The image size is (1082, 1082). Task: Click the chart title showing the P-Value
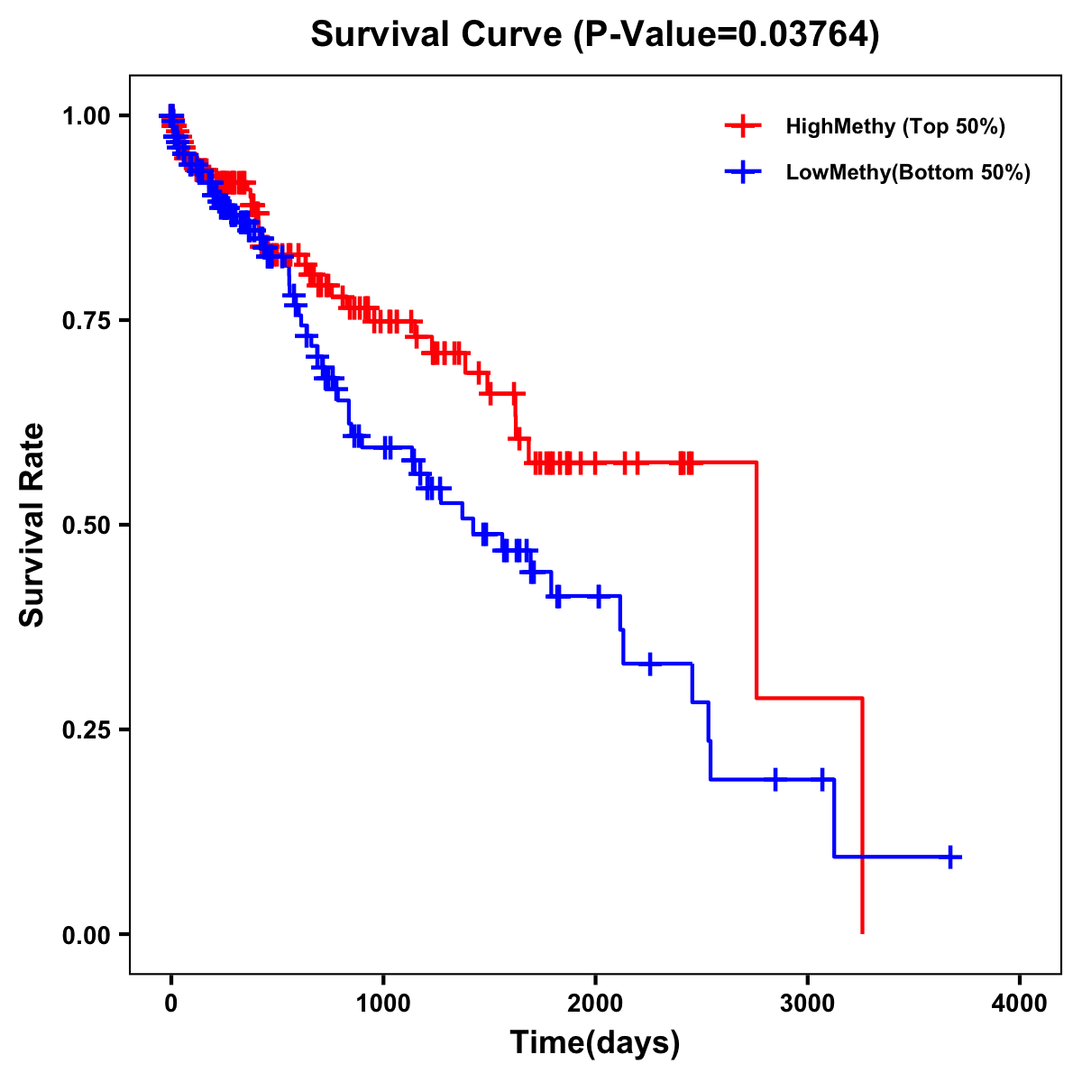coord(595,34)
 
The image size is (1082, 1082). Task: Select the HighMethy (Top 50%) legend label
coord(895,126)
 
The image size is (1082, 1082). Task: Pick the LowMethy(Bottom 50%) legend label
coord(908,172)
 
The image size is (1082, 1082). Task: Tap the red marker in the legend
coord(743,126)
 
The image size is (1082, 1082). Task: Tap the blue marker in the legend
coord(743,172)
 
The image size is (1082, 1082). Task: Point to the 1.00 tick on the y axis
coord(87,115)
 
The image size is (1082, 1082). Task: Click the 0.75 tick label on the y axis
coord(87,320)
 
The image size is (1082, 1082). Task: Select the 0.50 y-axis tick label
coord(87,525)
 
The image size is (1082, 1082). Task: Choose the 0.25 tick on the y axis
coord(87,729)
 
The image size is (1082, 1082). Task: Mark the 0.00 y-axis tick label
coord(87,934)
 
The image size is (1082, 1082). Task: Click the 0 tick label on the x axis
coord(171,1004)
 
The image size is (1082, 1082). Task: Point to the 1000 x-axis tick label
coord(383,1004)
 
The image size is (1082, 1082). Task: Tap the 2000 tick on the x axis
coord(595,1004)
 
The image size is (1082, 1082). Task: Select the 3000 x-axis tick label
coord(808,1004)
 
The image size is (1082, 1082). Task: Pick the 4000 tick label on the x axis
coord(1020,1004)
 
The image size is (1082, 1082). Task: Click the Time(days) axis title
coord(595,1043)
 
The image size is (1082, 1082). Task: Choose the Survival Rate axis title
coord(32,525)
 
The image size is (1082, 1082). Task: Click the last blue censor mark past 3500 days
coord(950,857)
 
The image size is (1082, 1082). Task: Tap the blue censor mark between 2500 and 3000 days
coord(775,779)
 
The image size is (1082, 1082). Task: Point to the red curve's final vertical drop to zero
coord(863,816)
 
